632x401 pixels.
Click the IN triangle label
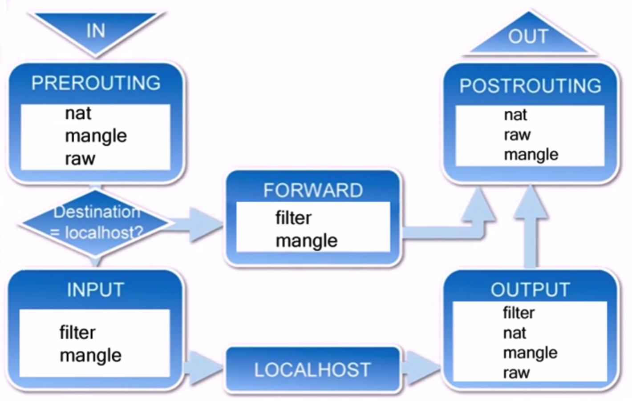pyautogui.click(x=96, y=30)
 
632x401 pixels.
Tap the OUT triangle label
pyautogui.click(x=528, y=36)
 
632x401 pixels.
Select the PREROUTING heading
pyautogui.click(x=96, y=83)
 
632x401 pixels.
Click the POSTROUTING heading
pyautogui.click(x=531, y=86)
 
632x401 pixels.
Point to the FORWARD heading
pyautogui.click(x=313, y=190)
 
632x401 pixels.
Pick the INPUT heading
pyautogui.click(x=95, y=290)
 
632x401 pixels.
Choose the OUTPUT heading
pyautogui.click(x=531, y=290)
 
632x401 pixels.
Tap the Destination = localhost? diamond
pyautogui.click(x=95, y=223)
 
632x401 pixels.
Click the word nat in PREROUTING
pyautogui.click(x=78, y=113)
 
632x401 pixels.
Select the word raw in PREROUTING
pyautogui.click(x=80, y=159)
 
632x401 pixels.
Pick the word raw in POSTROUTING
pyautogui.click(x=518, y=135)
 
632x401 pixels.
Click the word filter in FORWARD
pyautogui.click(x=293, y=218)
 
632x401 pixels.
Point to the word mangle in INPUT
pyautogui.click(x=90, y=356)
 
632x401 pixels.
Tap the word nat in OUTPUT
pyautogui.click(x=515, y=333)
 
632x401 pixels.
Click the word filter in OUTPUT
pyautogui.click(x=519, y=313)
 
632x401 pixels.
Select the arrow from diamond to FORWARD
pyautogui.click(x=194, y=225)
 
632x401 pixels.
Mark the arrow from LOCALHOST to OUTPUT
pyautogui.click(x=421, y=368)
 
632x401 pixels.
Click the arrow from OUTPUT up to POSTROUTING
pyautogui.click(x=531, y=226)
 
